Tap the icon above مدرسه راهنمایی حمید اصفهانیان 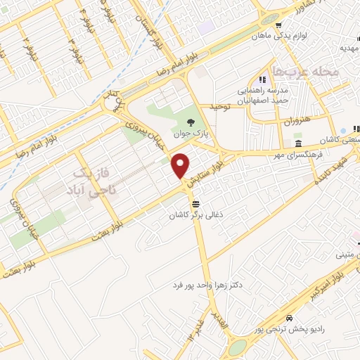pos(262,79)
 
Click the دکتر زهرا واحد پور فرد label pos(211,285)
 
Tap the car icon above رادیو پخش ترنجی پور pos(289,316)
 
